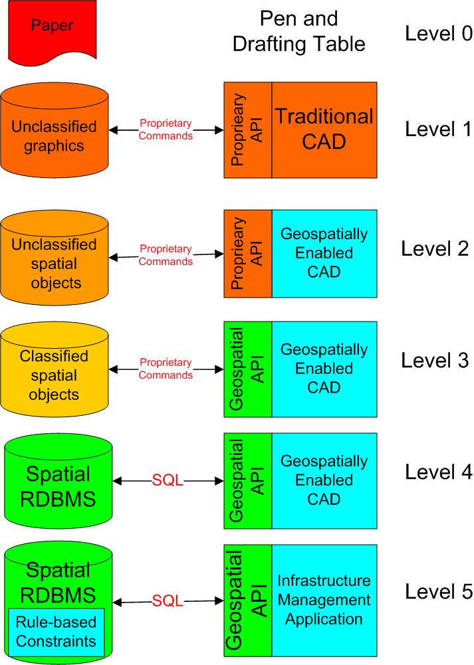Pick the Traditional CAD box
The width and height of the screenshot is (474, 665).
324,130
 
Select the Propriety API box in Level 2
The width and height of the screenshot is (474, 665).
248,253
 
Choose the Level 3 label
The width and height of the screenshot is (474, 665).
435,361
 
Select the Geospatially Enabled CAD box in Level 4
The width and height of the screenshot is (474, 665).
324,480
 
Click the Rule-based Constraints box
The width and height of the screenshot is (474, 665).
57,632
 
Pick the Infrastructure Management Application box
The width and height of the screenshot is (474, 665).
324,600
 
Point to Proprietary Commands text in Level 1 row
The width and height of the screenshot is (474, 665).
166,130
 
